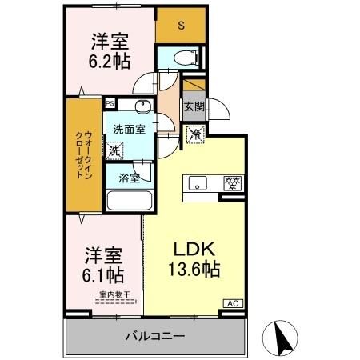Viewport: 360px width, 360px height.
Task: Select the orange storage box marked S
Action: pyautogui.click(x=180, y=26)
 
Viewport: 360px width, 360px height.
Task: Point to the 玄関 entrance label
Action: pyautogui.click(x=194, y=106)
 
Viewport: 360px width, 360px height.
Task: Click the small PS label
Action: pyautogui.click(x=110, y=102)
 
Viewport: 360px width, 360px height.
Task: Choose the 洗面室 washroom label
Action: pyautogui.click(x=128, y=128)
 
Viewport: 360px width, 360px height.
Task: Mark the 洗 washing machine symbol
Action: pyautogui.click(x=114, y=150)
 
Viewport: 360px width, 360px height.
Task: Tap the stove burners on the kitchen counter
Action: pyautogui.click(x=232, y=182)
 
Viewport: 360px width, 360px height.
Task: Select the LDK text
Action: pyautogui.click(x=189, y=247)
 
